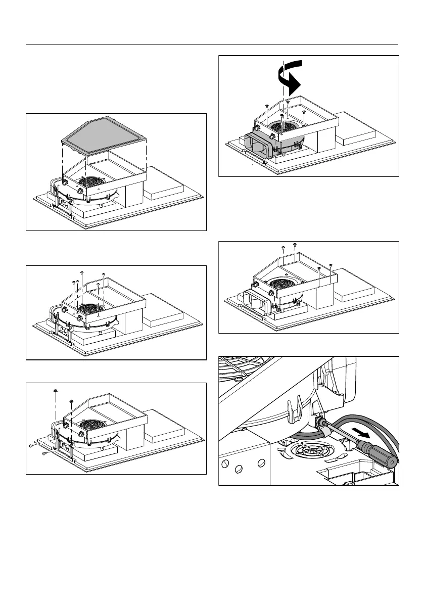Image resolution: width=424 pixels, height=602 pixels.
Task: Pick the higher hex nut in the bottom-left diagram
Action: (55, 391)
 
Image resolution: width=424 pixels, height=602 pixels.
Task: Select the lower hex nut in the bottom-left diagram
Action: (72, 402)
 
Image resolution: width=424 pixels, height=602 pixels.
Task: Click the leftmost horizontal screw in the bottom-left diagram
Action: (32, 446)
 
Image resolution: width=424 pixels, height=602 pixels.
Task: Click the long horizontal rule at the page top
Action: (212, 45)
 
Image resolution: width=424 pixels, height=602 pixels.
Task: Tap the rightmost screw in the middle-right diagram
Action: (330, 265)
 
